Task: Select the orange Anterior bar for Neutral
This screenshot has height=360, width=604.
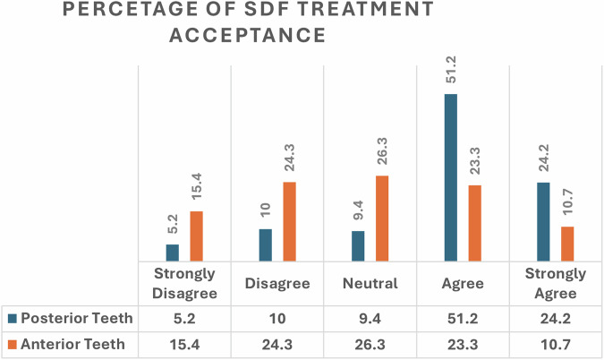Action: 382,218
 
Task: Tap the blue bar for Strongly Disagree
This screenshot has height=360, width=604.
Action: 172,252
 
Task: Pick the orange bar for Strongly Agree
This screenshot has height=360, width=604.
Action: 567,243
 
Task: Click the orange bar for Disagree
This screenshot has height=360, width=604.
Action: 289,220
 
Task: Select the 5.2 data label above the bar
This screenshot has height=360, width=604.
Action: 173,225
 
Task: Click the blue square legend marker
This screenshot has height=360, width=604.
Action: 12,318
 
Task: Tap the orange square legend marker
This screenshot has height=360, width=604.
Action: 12,344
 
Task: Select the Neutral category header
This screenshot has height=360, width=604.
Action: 370,284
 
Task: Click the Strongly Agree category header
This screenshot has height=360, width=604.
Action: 554,283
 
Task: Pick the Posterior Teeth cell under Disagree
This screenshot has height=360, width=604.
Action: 276,318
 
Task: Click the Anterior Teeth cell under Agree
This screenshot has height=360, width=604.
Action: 462,344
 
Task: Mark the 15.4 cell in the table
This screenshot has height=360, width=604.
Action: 184,344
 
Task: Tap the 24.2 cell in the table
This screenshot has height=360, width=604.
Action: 554,318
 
